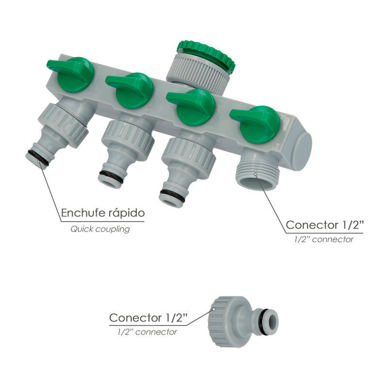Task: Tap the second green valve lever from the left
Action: [x=133, y=89]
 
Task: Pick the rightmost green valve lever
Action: [x=258, y=124]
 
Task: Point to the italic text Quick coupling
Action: [x=100, y=229]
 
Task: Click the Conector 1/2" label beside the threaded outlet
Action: [x=324, y=225]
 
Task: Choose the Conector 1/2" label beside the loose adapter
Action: [x=148, y=318]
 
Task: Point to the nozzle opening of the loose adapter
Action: [x=274, y=321]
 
